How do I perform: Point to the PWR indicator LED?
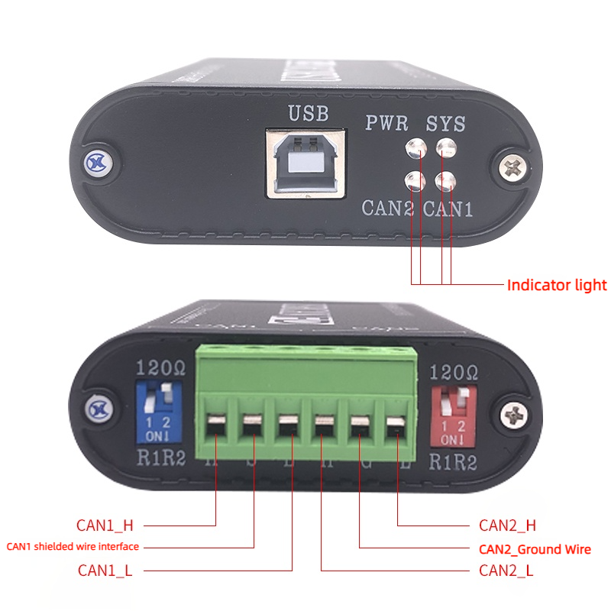[416, 148]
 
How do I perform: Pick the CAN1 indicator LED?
[446, 180]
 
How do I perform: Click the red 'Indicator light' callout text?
[557, 286]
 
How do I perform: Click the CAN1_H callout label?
[105, 525]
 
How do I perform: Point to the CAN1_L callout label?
[105, 570]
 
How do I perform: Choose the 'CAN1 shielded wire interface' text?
[73, 547]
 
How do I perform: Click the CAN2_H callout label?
[507, 525]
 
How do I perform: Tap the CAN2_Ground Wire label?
[535, 549]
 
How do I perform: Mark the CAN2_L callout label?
[506, 570]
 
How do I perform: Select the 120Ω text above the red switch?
[454, 373]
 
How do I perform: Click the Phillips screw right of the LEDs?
[514, 166]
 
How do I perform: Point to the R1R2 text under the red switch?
[451, 461]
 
